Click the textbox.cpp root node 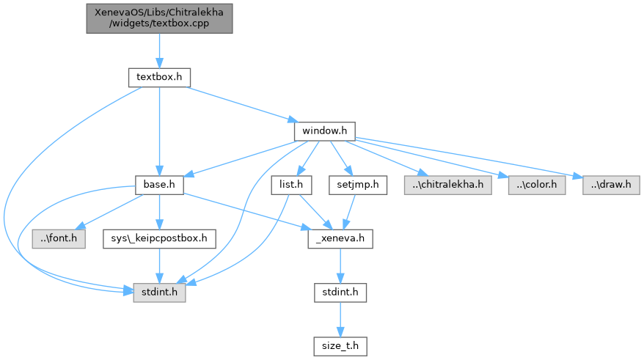pos(158,18)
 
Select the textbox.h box pos(159,76)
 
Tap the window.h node pos(324,131)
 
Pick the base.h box pos(159,184)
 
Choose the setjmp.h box pos(357,184)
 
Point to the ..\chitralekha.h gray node pos(447,184)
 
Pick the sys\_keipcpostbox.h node pos(159,238)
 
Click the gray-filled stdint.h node pos(159,292)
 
